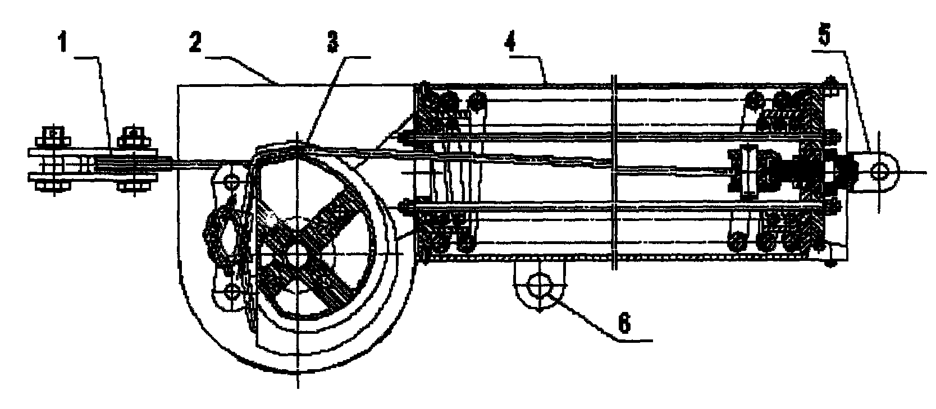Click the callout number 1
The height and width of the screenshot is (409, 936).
(x=63, y=44)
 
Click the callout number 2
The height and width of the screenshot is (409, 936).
(x=195, y=43)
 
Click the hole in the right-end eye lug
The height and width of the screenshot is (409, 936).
(x=880, y=171)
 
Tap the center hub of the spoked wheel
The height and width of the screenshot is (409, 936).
(x=298, y=253)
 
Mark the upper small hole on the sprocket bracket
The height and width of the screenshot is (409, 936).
(x=231, y=182)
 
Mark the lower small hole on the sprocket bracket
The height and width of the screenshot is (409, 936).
(x=231, y=291)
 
